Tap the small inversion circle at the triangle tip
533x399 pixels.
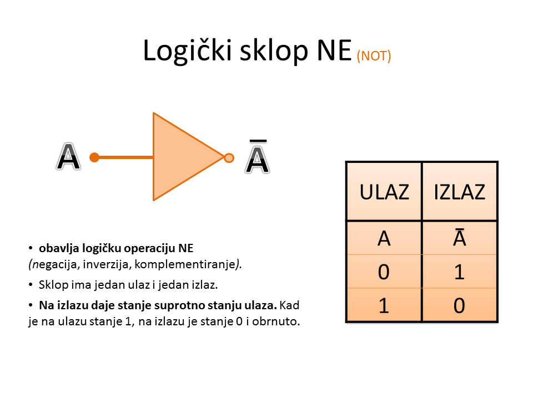click(x=229, y=158)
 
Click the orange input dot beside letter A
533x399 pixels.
click(x=94, y=157)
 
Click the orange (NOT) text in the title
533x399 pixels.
click(x=374, y=56)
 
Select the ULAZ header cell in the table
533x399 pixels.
click(x=384, y=192)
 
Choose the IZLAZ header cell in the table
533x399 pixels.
click(x=459, y=192)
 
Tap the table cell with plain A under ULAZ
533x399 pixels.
click(x=384, y=238)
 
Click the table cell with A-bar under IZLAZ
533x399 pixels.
click(x=459, y=238)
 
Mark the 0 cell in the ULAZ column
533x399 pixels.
click(x=384, y=272)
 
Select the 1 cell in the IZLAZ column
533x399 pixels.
click(x=459, y=272)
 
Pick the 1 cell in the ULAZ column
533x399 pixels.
click(x=384, y=305)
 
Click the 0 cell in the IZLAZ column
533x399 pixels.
click(x=459, y=305)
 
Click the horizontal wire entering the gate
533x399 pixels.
click(x=125, y=157)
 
